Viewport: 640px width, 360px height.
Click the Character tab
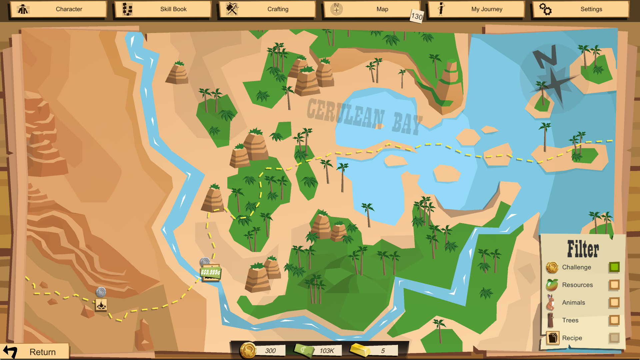[59, 9]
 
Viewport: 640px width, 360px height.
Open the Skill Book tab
[163, 9]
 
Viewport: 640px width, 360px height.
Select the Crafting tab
[267, 9]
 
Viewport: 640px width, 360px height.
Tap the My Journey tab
[476, 9]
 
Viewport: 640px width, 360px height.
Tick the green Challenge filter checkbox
[614, 267]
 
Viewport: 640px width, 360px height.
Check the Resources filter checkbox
[614, 285]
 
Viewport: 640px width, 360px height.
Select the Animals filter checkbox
[614, 302]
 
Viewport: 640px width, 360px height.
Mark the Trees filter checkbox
[614, 320]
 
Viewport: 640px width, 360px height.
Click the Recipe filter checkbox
[614, 338]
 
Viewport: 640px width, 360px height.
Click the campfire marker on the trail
[101, 305]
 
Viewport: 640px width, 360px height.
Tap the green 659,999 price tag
[210, 272]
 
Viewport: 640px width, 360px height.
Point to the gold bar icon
[360, 350]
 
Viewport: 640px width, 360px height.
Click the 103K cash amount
[327, 351]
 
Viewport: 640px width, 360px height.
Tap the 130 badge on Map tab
[417, 16]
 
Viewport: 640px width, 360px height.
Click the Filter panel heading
[583, 249]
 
